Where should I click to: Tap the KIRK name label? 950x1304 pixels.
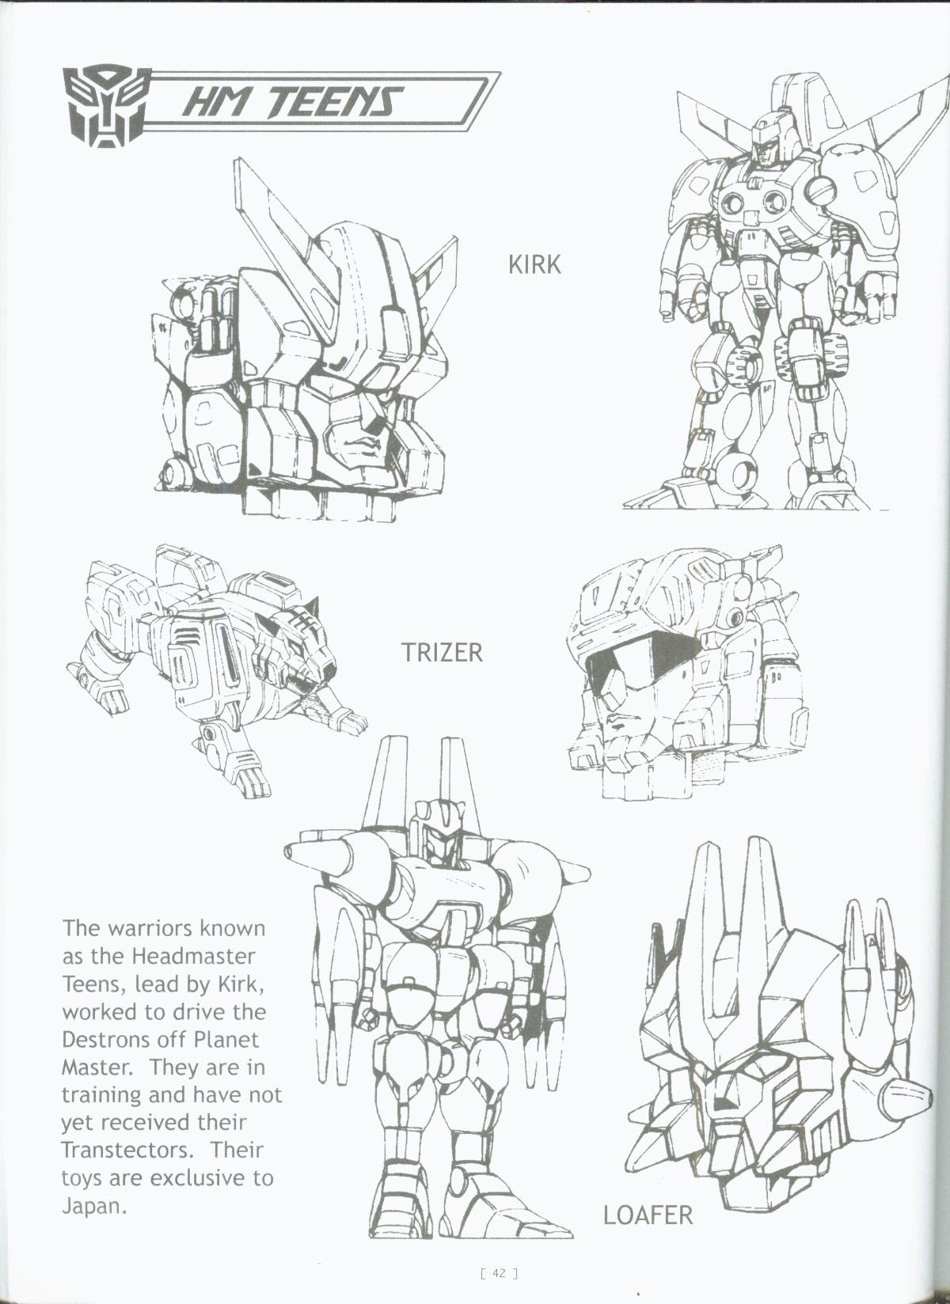534,264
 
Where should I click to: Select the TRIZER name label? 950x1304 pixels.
441,652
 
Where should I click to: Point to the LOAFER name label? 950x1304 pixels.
648,1215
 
